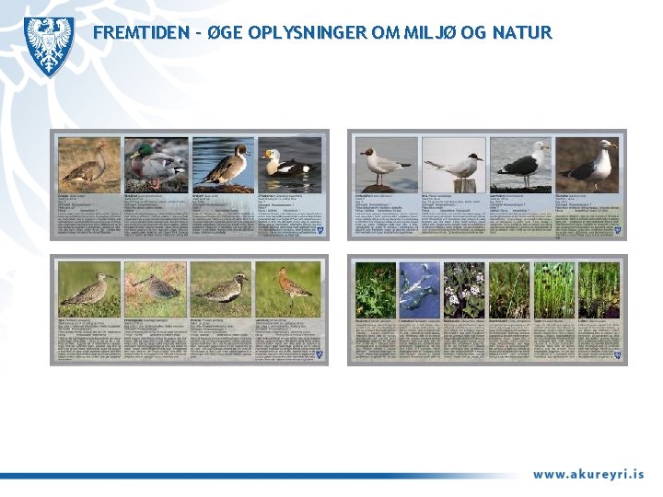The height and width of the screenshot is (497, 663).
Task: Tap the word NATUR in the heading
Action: coord(521,34)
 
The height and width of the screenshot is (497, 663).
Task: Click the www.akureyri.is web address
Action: coord(587,475)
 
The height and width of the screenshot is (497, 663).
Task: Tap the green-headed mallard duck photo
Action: coord(157,165)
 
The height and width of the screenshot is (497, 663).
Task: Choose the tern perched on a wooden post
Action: coord(453,165)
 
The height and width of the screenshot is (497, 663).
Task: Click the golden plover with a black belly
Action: coord(223,288)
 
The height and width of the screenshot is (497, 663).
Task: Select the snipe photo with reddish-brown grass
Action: coord(157,288)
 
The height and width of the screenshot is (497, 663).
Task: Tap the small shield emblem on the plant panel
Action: coord(619,358)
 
